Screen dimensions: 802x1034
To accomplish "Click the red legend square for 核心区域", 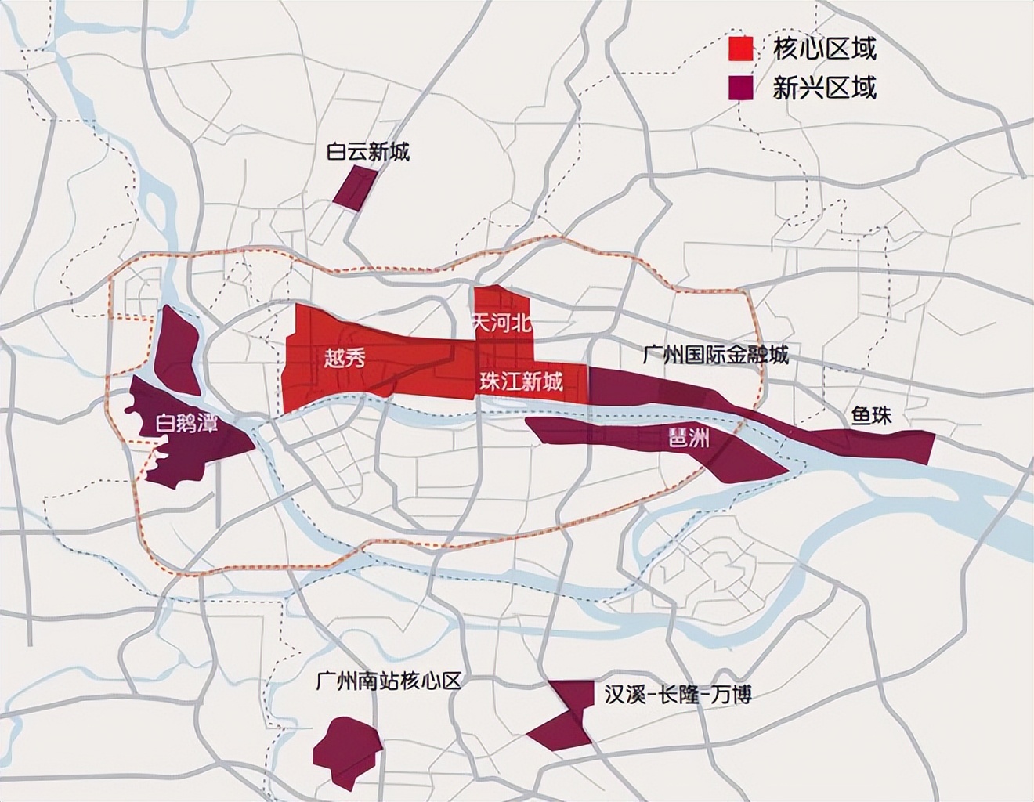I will pyautogui.click(x=740, y=49).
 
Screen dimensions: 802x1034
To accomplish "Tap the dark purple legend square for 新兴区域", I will pyautogui.click(x=740, y=88).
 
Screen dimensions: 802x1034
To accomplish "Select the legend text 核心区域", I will pyautogui.click(x=824, y=49).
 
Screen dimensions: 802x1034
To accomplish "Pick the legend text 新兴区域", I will pyautogui.click(x=824, y=88).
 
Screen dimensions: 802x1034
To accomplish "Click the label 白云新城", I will pyautogui.click(x=368, y=152).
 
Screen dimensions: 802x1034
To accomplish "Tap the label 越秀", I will pyautogui.click(x=345, y=359).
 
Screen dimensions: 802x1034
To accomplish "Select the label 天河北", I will pyautogui.click(x=501, y=323).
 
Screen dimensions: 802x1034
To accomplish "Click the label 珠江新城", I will pyautogui.click(x=521, y=382).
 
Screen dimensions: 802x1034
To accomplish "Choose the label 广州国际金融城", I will pyautogui.click(x=714, y=355).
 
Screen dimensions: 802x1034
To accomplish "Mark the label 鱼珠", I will pyautogui.click(x=872, y=415).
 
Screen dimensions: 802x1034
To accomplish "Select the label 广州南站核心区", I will pyautogui.click(x=389, y=680).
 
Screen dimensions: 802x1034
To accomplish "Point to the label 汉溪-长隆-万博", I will pyautogui.click(x=678, y=694).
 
